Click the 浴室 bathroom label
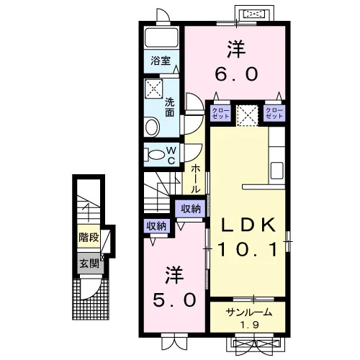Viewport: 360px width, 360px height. (161, 60)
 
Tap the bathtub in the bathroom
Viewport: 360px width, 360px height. (161, 38)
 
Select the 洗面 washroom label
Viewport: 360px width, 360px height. (170, 107)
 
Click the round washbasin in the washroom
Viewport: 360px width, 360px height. (153, 126)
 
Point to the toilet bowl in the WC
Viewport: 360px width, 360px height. (155, 155)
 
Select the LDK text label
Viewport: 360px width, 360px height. (248, 225)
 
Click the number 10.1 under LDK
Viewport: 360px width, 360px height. (248, 249)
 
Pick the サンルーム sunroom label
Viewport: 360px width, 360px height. (249, 312)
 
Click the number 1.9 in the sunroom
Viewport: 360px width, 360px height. (250, 325)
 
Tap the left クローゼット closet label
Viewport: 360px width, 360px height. (221, 113)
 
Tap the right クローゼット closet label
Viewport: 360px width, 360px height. (274, 113)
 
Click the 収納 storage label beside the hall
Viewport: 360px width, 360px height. (191, 209)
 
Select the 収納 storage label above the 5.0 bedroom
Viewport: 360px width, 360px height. (156, 226)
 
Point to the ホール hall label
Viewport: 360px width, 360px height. (195, 179)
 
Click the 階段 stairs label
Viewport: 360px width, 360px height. (89, 238)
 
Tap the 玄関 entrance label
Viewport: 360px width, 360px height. (89, 264)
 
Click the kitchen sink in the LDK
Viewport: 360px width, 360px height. (276, 171)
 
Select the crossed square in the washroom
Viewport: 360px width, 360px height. (154, 88)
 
